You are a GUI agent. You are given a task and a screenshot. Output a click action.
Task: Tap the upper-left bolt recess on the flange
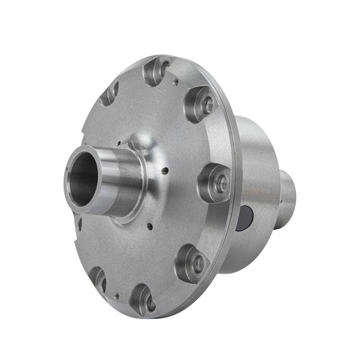tap(109, 91)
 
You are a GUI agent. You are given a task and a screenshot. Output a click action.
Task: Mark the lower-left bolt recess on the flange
tap(96, 279)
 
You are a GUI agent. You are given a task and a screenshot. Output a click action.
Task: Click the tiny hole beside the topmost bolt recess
tap(175, 82)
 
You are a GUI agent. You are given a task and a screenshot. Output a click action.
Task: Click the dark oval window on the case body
tap(244, 216)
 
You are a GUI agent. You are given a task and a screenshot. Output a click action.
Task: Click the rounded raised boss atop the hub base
tap(137, 148)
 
